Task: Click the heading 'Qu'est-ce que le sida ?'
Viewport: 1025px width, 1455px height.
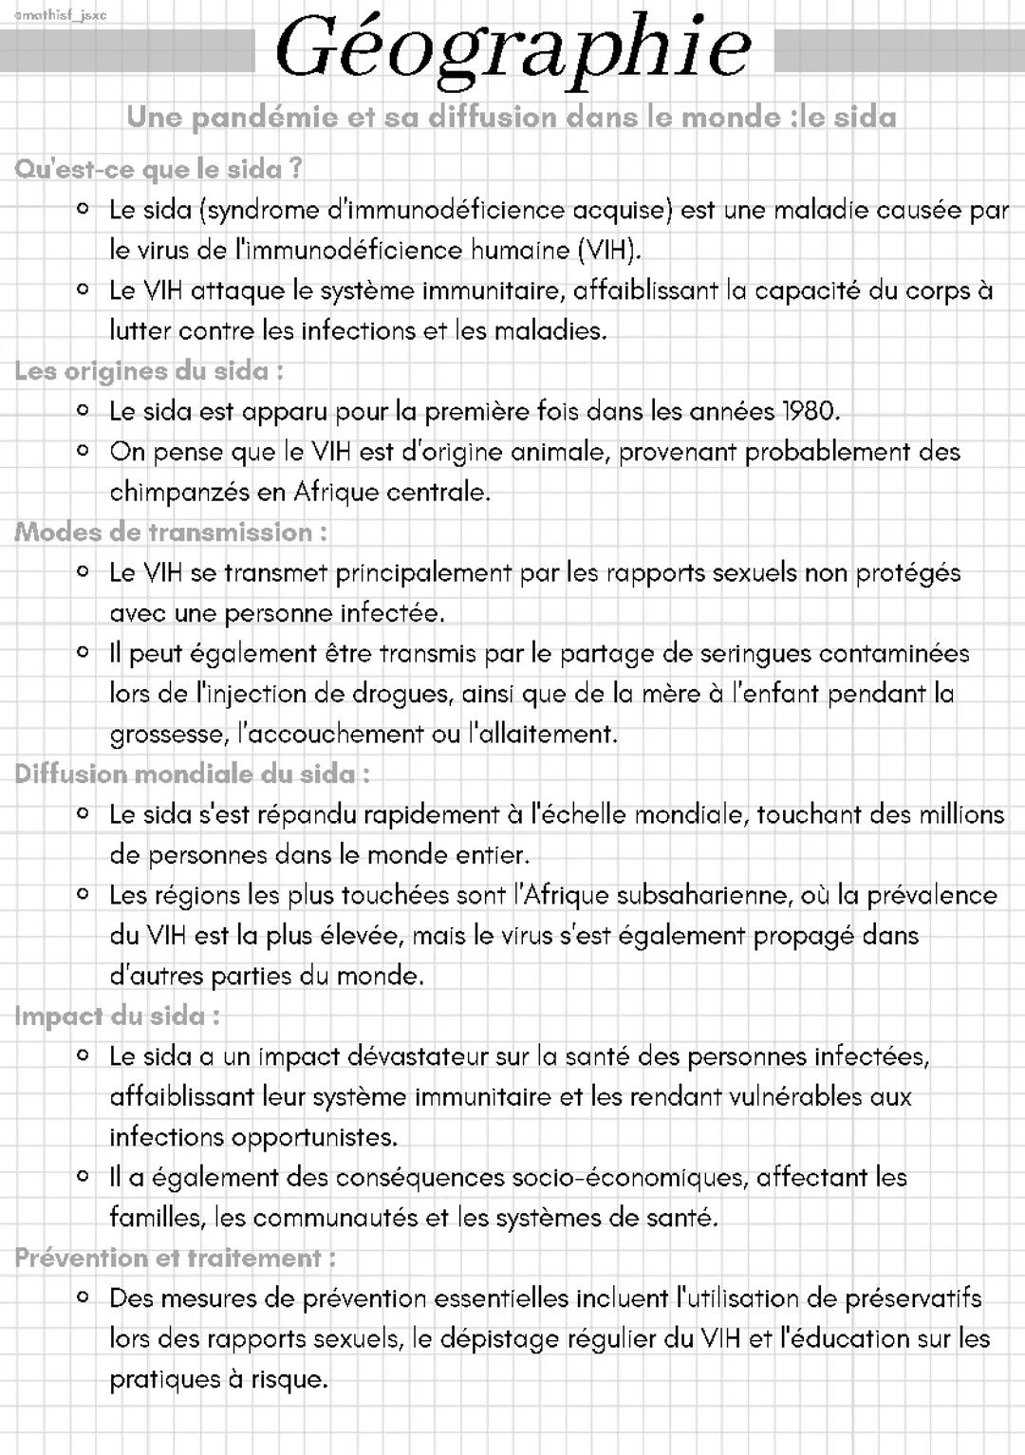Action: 158,169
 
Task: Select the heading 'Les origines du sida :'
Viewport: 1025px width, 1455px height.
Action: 149,371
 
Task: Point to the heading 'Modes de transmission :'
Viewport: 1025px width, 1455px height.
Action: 171,532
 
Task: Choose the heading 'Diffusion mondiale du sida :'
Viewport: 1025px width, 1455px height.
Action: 192,774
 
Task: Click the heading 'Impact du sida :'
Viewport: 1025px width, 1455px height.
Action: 118,1017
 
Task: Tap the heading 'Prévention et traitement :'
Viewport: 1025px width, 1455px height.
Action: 176,1259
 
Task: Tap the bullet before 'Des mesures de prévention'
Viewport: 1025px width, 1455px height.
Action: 84,1297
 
